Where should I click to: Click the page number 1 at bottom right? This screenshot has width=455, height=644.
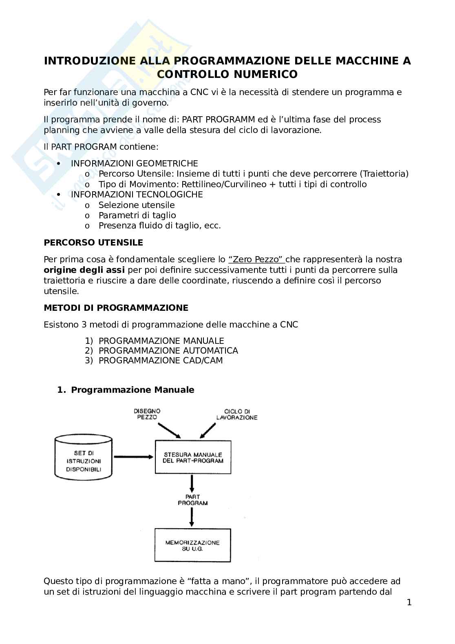(x=409, y=602)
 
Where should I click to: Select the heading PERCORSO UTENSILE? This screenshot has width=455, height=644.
(x=93, y=243)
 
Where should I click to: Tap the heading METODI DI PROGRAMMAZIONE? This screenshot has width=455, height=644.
(x=116, y=308)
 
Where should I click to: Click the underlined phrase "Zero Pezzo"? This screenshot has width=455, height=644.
(x=256, y=259)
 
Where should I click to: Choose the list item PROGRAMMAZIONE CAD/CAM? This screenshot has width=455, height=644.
(x=161, y=361)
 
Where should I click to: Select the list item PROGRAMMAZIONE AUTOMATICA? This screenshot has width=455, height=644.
(x=168, y=351)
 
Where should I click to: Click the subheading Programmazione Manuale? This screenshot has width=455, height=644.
(x=133, y=390)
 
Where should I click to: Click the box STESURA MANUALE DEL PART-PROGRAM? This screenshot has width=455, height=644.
(x=193, y=457)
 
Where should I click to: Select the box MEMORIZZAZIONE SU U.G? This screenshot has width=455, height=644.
(x=192, y=545)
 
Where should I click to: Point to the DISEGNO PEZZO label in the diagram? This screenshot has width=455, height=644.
(x=147, y=414)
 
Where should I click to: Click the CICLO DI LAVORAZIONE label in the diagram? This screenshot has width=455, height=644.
(x=237, y=414)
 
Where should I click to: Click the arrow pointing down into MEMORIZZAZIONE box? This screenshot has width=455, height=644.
(x=192, y=518)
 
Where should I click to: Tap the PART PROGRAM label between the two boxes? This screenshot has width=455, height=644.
(x=192, y=500)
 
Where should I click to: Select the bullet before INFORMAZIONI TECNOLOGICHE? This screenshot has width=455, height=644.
(x=59, y=195)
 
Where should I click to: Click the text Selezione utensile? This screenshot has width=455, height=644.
(x=137, y=205)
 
